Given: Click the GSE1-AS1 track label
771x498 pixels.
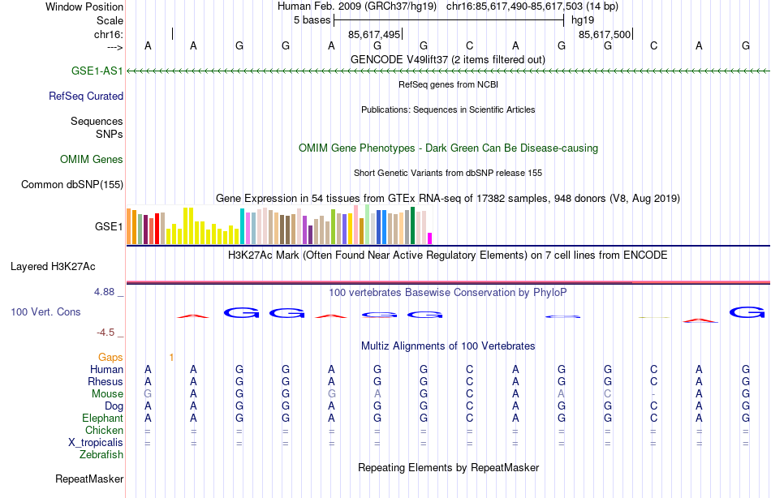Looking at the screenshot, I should [97, 71].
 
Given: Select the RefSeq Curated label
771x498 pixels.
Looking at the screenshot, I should [86, 96].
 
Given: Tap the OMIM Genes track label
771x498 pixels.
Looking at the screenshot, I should [92, 160].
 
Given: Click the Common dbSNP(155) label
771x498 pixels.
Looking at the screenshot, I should [72, 184].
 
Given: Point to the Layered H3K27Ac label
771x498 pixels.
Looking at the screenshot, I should [53, 266].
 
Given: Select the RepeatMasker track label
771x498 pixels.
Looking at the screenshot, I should [89, 479].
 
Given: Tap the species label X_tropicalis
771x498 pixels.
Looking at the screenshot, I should [96, 442].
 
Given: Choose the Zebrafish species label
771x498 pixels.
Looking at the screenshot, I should [101, 454].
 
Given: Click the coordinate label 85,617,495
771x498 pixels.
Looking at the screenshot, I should [374, 34].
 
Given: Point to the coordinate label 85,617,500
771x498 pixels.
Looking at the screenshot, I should [605, 34].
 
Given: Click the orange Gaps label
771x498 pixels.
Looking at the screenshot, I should [110, 357].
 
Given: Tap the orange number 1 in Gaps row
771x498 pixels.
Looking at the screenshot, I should [171, 357].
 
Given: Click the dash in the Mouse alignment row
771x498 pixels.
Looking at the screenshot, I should [653, 393].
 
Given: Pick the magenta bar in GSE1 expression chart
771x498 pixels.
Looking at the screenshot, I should [429, 238].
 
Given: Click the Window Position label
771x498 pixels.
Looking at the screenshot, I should [84, 6].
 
